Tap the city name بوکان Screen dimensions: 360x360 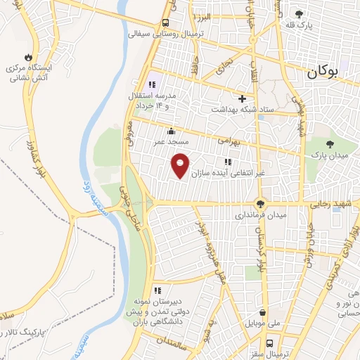[323, 71]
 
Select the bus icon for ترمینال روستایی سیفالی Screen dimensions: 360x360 [165, 22]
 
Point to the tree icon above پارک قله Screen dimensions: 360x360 [300, 13]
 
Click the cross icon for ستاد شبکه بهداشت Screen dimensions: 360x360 [243, 98]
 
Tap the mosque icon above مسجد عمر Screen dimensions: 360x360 [171, 130]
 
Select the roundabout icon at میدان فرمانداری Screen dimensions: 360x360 [259, 202]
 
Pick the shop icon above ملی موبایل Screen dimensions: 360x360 [262, 314]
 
